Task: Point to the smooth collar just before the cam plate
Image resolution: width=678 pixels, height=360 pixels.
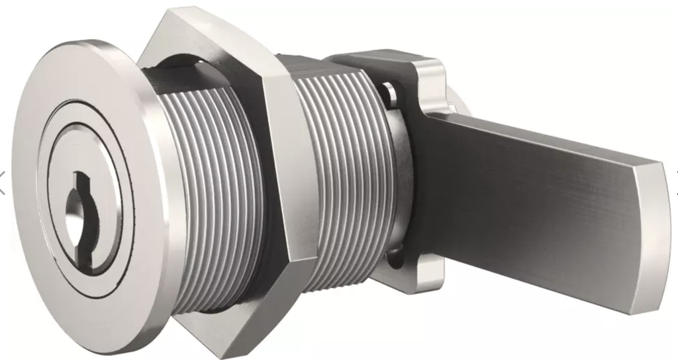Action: click(x=397, y=185)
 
